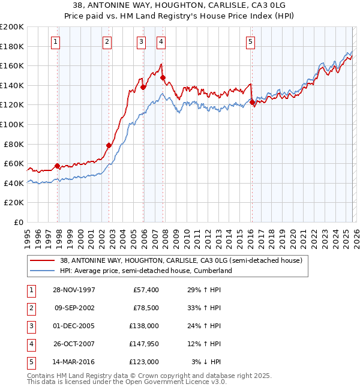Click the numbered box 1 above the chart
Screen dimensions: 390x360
[55, 41]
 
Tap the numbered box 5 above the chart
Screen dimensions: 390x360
[250, 41]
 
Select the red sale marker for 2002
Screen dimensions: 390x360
[109, 145]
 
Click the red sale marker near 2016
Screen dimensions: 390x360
[253, 103]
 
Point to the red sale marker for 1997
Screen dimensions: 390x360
[58, 166]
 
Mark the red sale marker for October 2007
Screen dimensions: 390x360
[163, 78]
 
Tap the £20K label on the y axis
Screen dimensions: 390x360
[14, 203]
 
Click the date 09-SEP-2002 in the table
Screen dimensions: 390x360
[74, 308]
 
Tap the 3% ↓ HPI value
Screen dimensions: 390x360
[206, 362]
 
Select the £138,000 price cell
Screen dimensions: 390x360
[144, 326]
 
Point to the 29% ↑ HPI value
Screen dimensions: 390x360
[204, 290]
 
